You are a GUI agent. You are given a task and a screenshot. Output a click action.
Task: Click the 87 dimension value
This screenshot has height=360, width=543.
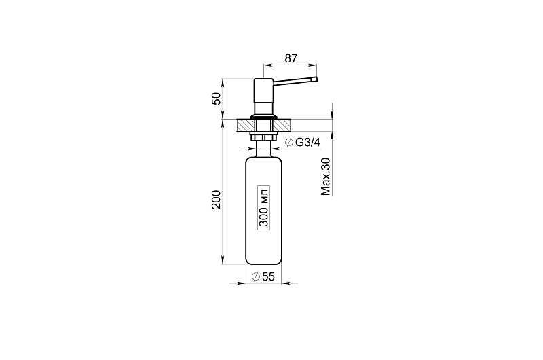pos(291,58)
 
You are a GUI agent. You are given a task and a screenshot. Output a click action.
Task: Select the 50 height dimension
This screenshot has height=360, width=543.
pos(216,98)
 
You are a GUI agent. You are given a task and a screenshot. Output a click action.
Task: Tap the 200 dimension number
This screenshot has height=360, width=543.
pos(216,199)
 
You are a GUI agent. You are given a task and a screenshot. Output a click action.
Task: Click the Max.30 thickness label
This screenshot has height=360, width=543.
pos(326,177)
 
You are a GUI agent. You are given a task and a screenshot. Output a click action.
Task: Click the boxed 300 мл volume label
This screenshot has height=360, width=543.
pos(264,206)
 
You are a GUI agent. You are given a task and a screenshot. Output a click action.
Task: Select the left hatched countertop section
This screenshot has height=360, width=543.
pos(244,125)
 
